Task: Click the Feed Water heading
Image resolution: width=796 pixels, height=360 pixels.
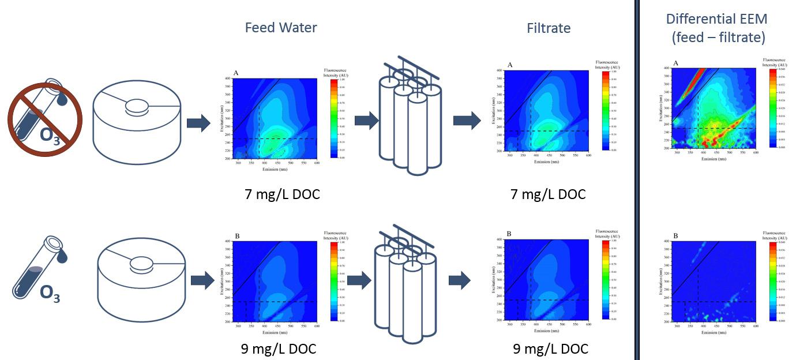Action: click(x=281, y=28)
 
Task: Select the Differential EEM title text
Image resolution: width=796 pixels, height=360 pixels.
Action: click(x=717, y=28)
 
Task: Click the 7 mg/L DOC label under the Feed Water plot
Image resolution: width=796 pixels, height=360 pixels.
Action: click(x=282, y=194)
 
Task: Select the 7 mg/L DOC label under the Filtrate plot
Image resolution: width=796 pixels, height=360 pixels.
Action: click(x=548, y=194)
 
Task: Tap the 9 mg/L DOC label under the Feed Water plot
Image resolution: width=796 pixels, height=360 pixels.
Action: click(x=279, y=348)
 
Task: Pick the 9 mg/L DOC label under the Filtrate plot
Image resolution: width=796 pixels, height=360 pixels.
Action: click(x=550, y=348)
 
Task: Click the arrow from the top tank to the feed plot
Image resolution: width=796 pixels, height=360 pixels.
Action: click(x=198, y=123)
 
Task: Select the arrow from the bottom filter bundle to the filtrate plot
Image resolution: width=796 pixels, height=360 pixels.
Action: click(x=459, y=280)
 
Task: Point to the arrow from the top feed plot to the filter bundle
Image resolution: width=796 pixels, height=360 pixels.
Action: click(x=366, y=121)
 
